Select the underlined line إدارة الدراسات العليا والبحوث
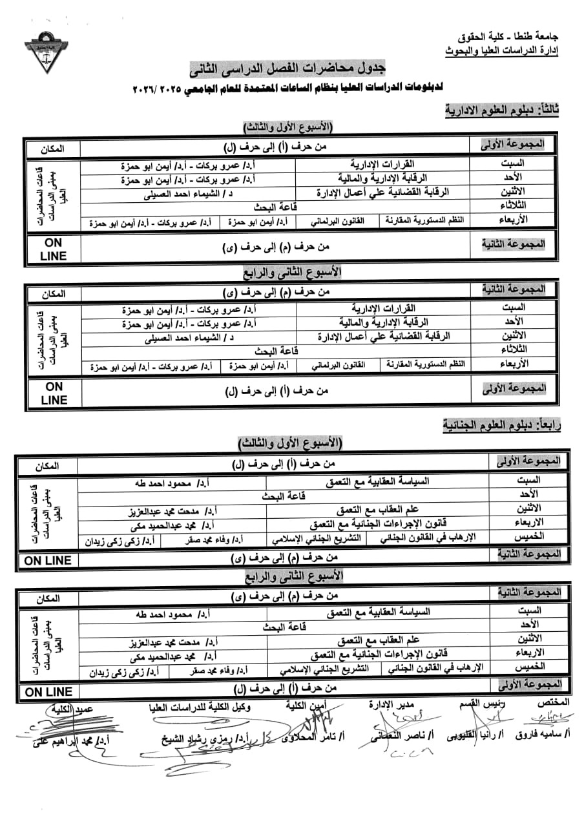502,50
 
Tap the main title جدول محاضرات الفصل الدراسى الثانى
295,68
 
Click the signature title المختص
556,702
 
